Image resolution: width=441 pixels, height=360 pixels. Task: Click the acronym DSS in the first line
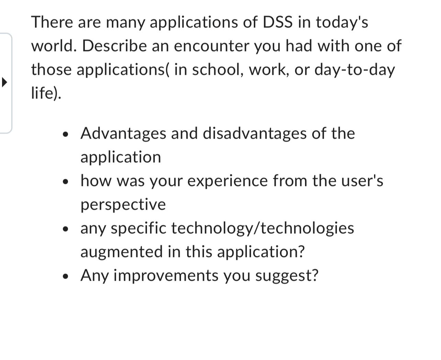(278, 22)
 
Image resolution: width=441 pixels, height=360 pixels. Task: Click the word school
(217, 70)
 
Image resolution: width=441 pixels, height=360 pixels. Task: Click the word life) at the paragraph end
(46, 93)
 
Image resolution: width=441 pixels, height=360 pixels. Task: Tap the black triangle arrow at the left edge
(4, 82)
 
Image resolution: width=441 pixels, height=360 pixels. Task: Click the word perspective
(123, 205)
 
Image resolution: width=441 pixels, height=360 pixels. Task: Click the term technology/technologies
(262, 228)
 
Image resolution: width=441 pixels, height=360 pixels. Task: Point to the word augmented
(122, 252)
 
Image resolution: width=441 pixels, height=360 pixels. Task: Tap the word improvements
(166, 276)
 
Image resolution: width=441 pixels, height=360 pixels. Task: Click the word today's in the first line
(342, 22)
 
